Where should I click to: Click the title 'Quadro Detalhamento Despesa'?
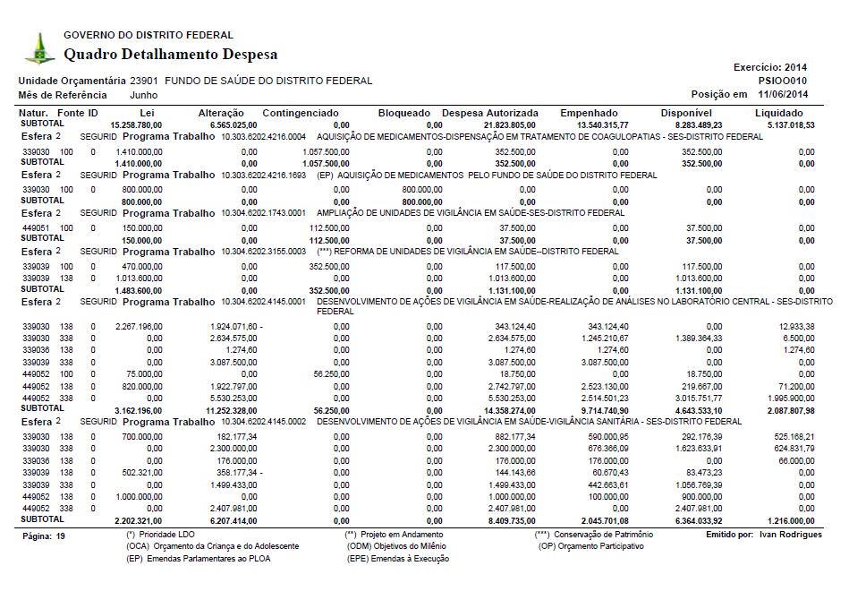click(x=170, y=55)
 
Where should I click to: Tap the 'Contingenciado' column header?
click(x=301, y=114)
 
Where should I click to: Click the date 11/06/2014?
click(x=783, y=94)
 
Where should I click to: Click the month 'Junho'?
click(x=144, y=94)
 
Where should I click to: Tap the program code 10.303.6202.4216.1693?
click(x=264, y=176)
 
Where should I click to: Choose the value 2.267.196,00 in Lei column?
click(x=139, y=325)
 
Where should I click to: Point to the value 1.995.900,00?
click(x=790, y=398)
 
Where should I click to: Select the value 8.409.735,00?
click(x=509, y=520)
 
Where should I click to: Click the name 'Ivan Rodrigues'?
click(x=790, y=535)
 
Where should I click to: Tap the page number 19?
click(x=60, y=536)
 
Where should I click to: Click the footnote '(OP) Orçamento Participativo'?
click(x=590, y=545)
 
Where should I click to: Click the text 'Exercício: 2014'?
click(x=770, y=67)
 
